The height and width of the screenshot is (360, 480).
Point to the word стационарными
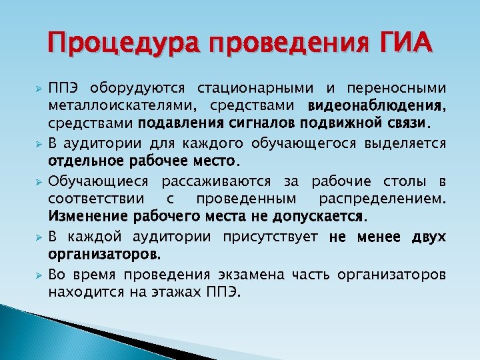click(x=254, y=89)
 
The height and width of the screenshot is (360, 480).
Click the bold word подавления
click(x=176, y=123)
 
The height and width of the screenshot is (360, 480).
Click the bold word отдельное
click(x=81, y=161)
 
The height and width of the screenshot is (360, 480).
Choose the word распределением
click(x=383, y=199)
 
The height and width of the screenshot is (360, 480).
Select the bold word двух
click(x=429, y=237)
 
